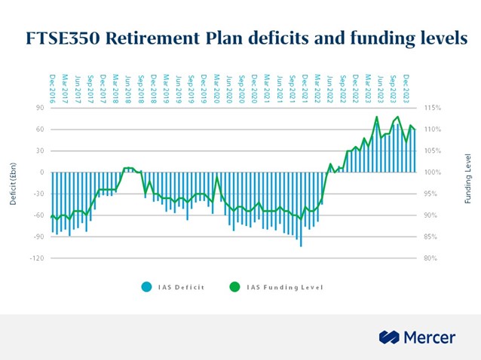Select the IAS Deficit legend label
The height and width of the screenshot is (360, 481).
point(178,287)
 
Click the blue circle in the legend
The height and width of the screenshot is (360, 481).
point(146,287)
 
